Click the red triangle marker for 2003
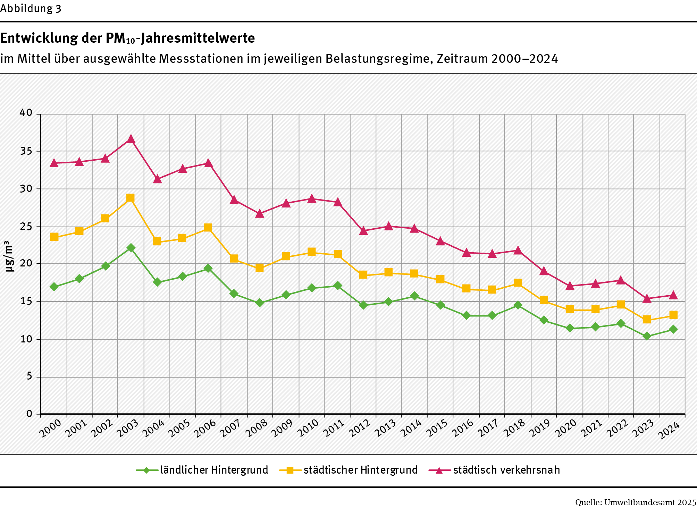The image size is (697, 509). coord(131,139)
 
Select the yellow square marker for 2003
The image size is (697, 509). coord(131,198)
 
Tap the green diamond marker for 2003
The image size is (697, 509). coord(131,247)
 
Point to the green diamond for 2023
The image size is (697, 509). coord(647,336)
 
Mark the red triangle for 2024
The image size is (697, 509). coord(673,295)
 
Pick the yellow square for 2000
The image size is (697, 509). coord(54,237)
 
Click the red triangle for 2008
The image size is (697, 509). coord(260,214)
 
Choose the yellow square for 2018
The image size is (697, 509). coord(518,283)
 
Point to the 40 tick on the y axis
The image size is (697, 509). coord(26,113)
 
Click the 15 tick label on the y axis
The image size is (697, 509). coord(26,301)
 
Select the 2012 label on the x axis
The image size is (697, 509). coord(359,429)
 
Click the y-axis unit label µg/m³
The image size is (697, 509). coord(9,256)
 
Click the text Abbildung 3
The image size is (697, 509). coord(31,8)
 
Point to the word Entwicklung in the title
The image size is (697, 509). coord(39,38)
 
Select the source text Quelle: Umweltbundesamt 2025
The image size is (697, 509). coord(636,502)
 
